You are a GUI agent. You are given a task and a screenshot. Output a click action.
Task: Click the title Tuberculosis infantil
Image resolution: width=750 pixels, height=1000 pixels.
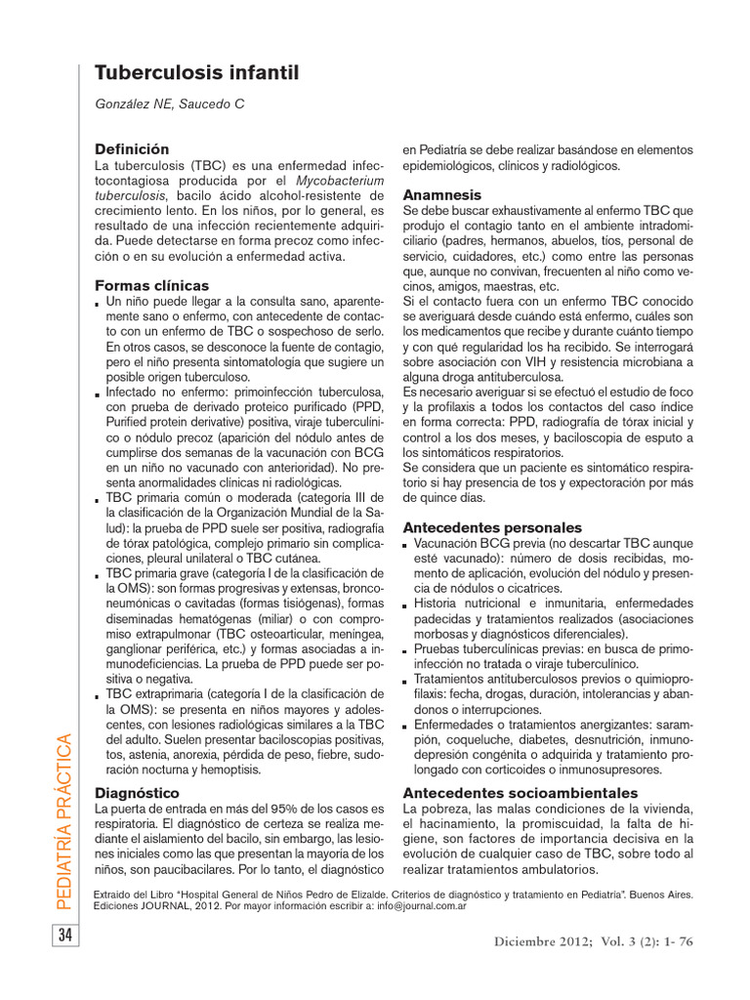195,73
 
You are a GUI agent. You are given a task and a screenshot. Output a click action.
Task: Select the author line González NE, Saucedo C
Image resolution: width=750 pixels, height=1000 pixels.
169,104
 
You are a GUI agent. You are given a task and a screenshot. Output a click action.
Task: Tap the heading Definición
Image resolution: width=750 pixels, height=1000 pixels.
132,149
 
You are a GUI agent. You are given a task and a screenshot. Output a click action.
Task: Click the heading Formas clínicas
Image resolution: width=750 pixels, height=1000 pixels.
151,285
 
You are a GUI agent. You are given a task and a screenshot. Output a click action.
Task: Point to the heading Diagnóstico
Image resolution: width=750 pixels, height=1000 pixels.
137,792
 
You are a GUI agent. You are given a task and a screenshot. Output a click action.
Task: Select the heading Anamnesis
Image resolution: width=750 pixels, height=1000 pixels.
442,194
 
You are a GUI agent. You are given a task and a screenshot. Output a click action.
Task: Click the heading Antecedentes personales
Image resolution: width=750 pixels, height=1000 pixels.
492,526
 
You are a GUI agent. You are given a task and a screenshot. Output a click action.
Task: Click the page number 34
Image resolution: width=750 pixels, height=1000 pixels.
65,936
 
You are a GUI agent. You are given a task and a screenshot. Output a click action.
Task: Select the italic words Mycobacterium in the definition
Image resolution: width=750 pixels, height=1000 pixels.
343,181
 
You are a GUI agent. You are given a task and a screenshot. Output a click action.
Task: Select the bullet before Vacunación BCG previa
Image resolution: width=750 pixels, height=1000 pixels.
406,545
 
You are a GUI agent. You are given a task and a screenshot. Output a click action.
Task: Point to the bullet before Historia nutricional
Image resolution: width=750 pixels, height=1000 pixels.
406,606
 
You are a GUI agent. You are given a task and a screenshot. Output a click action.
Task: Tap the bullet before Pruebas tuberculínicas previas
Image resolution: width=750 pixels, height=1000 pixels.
406,651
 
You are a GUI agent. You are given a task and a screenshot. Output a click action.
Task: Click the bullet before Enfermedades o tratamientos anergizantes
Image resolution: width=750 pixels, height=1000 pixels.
406,728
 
